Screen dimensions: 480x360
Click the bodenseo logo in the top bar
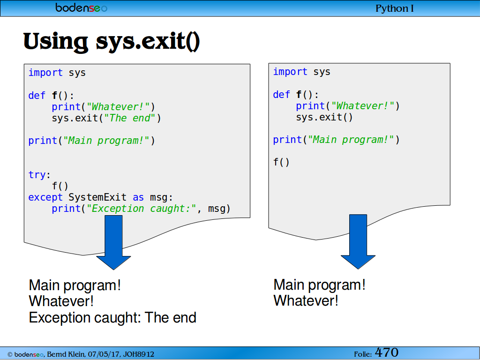click(x=82, y=7)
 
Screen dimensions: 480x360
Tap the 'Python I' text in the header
click(x=395, y=8)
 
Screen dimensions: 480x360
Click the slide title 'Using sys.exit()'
click(x=112, y=41)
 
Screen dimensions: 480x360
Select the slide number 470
click(x=387, y=352)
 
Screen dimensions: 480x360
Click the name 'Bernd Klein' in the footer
click(x=66, y=354)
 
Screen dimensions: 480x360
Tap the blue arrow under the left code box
click(x=113, y=242)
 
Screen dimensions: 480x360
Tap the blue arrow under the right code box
click(x=358, y=241)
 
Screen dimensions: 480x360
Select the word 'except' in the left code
click(x=45, y=197)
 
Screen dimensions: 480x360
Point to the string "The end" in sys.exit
click(x=127, y=118)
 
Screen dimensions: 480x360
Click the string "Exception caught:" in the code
click(x=141, y=209)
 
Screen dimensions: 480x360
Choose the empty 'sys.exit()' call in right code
click(x=324, y=117)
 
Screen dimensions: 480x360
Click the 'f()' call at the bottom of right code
click(x=281, y=162)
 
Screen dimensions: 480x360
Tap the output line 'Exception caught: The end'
click(x=112, y=317)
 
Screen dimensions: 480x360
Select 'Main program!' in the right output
click(x=319, y=285)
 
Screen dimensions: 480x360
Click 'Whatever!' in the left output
click(x=61, y=301)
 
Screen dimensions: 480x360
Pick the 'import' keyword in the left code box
click(x=45, y=73)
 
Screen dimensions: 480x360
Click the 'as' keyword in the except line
click(x=138, y=197)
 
